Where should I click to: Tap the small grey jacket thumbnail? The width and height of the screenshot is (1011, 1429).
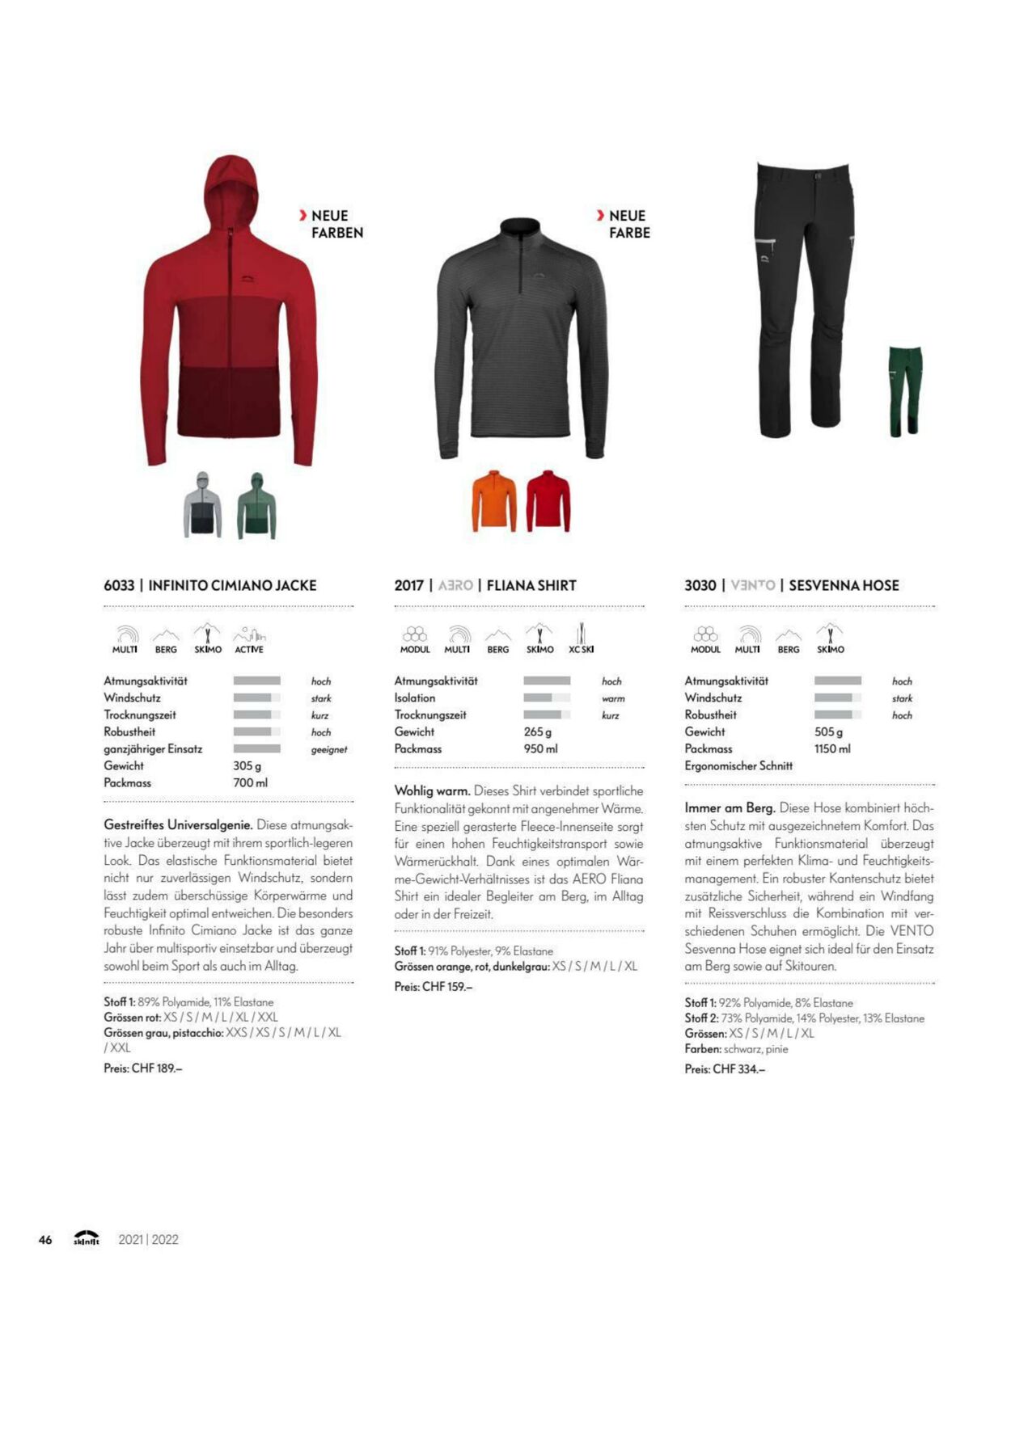click(202, 505)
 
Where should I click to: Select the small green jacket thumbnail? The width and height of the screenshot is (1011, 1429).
click(256, 506)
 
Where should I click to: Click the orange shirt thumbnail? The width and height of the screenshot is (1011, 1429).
click(494, 501)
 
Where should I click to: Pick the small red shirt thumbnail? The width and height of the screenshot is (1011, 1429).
click(548, 501)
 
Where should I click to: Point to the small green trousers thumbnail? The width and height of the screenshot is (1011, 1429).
click(905, 391)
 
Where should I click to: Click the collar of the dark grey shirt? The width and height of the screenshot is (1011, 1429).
click(519, 228)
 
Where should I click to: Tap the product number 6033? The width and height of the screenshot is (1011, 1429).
click(119, 585)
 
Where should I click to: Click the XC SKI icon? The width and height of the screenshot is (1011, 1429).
click(581, 638)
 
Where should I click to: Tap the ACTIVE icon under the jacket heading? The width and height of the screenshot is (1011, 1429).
click(249, 638)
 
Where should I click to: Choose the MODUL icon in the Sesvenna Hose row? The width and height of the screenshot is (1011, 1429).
click(705, 638)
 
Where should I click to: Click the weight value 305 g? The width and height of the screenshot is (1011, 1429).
click(247, 765)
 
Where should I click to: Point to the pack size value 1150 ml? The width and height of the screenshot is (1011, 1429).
click(832, 748)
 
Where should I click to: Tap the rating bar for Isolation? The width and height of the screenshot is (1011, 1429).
click(547, 698)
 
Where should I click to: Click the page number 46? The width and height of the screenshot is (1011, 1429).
click(45, 1239)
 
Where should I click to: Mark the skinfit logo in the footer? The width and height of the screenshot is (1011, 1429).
click(87, 1238)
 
